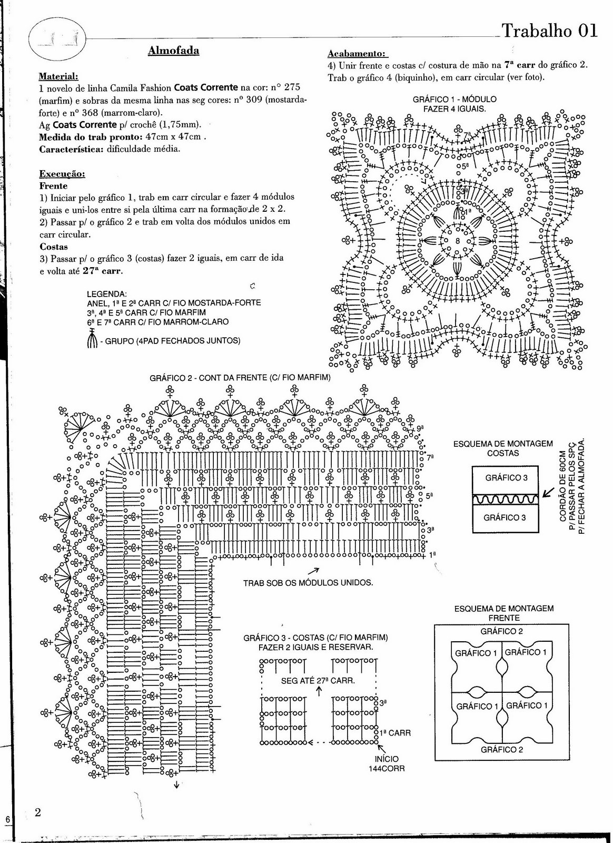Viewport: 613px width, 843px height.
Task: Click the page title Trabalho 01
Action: pos(550,31)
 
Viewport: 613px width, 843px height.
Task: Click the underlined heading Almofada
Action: pos(173,51)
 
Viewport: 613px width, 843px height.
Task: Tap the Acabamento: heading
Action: pos(357,54)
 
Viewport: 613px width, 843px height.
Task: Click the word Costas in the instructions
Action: pos(53,246)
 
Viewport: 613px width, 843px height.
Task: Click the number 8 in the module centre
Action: pos(457,241)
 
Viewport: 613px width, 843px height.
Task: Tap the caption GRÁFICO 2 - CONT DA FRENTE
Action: pos(240,377)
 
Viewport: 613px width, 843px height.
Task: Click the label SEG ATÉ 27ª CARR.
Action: pos(318,680)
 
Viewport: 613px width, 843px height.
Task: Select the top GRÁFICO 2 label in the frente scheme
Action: pos(501,631)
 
